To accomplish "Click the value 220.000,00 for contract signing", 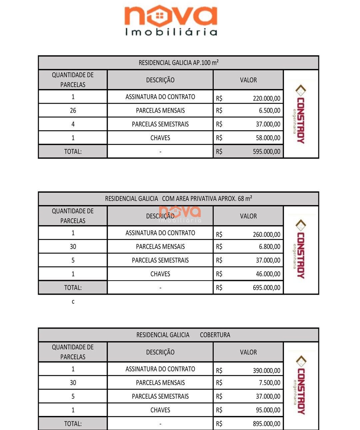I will point(266,98).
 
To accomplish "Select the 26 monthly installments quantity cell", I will point(73,110).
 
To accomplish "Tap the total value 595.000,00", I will point(266,152).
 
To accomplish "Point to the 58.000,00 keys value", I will point(268,138).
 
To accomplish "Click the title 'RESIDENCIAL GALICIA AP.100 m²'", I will point(179,63).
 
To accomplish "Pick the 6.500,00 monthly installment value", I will point(269,111).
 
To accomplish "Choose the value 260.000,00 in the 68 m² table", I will point(266,235).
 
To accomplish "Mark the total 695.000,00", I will point(266,288).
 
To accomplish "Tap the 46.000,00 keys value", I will point(268,274).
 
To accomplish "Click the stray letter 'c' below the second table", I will point(73,302).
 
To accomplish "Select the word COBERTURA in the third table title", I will point(215,335).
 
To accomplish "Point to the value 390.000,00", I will point(266,371).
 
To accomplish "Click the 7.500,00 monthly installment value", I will point(269,383).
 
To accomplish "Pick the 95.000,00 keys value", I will point(268,410).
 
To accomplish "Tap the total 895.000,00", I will point(266,424).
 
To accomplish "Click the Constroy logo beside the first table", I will point(300,114).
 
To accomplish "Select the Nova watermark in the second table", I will point(180,213).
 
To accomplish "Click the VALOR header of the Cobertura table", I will point(248,352).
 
